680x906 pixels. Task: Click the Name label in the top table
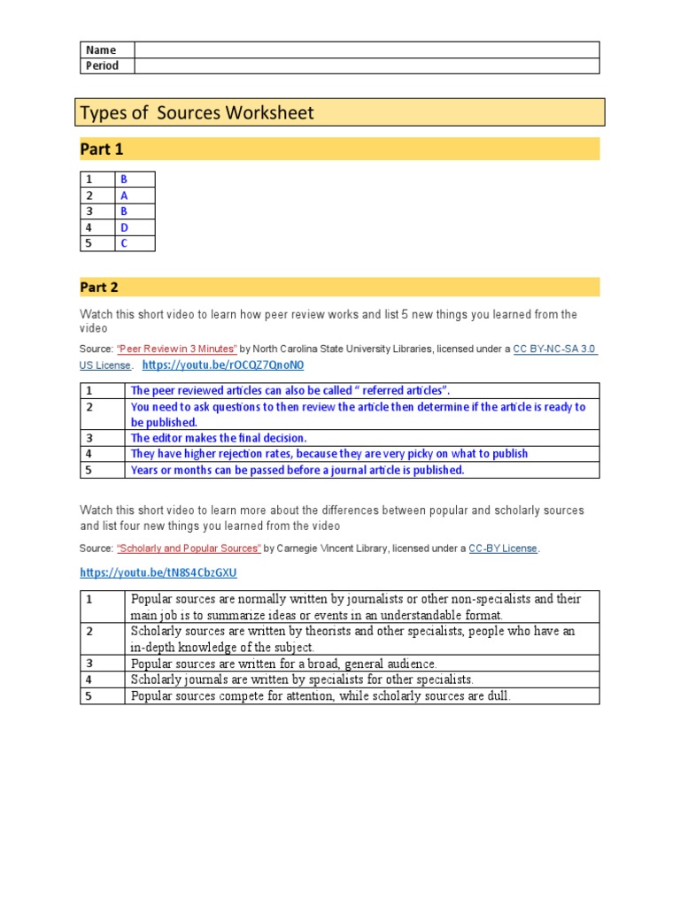[100, 50]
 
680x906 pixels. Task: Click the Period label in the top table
[102, 66]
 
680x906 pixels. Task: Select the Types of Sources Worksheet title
[197, 113]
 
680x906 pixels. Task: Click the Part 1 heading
[102, 150]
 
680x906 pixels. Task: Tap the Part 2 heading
[99, 288]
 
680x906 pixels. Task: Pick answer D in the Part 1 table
[124, 227]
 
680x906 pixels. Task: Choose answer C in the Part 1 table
[124, 243]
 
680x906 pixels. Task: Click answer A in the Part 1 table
[124, 196]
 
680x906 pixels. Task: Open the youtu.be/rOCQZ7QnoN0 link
[222, 365]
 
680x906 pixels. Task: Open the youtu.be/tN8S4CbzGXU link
[158, 572]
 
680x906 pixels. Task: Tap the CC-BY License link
[502, 549]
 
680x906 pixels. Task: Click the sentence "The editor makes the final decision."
[219, 438]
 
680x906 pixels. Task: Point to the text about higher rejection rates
[329, 454]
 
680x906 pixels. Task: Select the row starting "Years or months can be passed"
[297, 470]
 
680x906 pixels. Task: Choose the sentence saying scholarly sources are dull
[321, 696]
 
